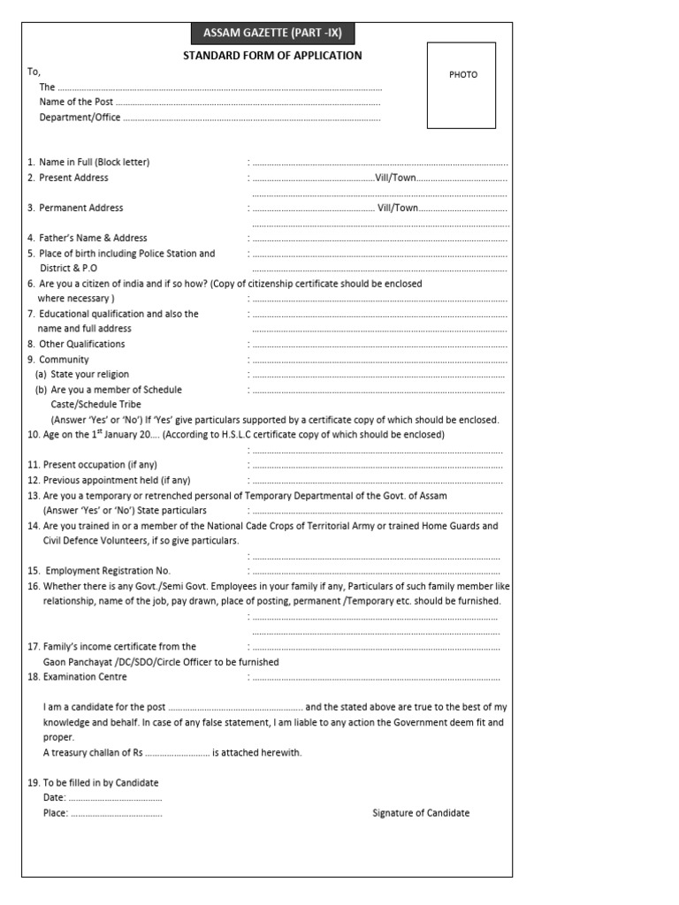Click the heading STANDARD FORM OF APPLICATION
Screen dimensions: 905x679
pyautogui.click(x=271, y=56)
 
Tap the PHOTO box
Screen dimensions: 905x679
pyautogui.click(x=462, y=85)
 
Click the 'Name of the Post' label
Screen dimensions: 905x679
pyautogui.click(x=76, y=102)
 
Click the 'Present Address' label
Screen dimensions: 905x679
pyautogui.click(x=73, y=178)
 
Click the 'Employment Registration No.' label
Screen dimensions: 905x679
pyautogui.click(x=108, y=571)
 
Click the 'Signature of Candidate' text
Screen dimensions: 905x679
pyautogui.click(x=421, y=813)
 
